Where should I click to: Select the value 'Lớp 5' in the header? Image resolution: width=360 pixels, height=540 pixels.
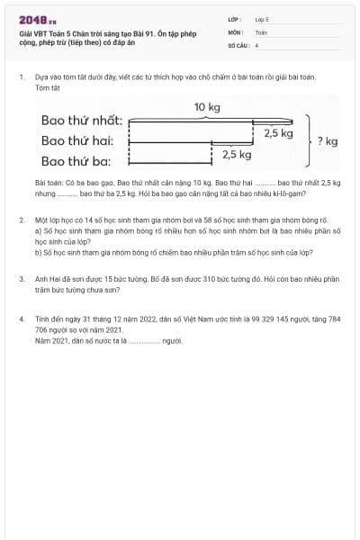click(x=262, y=19)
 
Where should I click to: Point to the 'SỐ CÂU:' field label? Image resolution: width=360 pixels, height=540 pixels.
click(x=237, y=44)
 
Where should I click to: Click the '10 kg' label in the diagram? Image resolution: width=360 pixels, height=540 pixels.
click(x=207, y=108)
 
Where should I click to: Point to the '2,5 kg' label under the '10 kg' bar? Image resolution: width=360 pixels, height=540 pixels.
click(x=279, y=133)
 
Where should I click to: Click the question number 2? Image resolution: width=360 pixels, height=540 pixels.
click(x=22, y=220)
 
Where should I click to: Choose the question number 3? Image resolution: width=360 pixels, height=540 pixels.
click(x=22, y=280)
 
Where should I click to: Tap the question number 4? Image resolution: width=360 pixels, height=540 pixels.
click(x=22, y=319)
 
